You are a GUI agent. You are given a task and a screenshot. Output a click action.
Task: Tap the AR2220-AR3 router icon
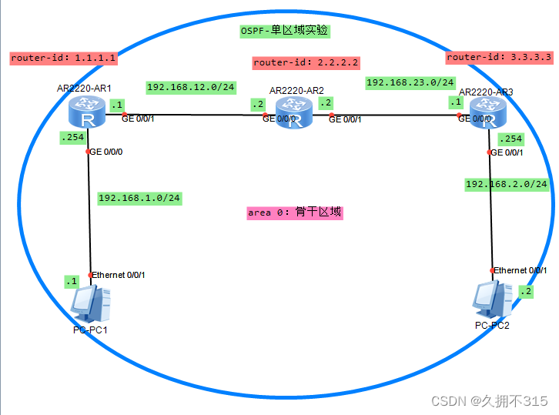tap(488, 114)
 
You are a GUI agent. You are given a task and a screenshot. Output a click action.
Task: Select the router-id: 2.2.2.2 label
tap(306, 63)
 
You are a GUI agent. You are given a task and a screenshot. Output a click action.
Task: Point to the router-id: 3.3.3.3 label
tap(499, 57)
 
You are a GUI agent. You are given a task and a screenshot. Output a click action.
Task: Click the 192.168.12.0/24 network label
tap(190, 88)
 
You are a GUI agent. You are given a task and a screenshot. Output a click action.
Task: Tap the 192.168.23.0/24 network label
tap(410, 82)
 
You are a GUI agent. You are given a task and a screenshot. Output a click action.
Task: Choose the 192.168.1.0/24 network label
tap(139, 198)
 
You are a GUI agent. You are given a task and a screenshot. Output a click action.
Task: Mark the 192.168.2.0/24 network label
tap(507, 184)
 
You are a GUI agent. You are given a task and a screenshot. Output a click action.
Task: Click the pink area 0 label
tap(294, 213)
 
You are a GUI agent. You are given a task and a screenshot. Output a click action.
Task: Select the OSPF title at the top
tap(284, 31)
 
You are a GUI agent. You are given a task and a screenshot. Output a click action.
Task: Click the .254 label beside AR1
tap(71, 138)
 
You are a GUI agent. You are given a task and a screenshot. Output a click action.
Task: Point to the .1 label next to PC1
tap(72, 281)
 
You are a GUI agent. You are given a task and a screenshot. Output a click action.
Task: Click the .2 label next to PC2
tap(526, 292)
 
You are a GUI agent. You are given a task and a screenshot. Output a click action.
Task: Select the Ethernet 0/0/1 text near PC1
tap(119, 275)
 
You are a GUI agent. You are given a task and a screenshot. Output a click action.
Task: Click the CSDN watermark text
tap(489, 401)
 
